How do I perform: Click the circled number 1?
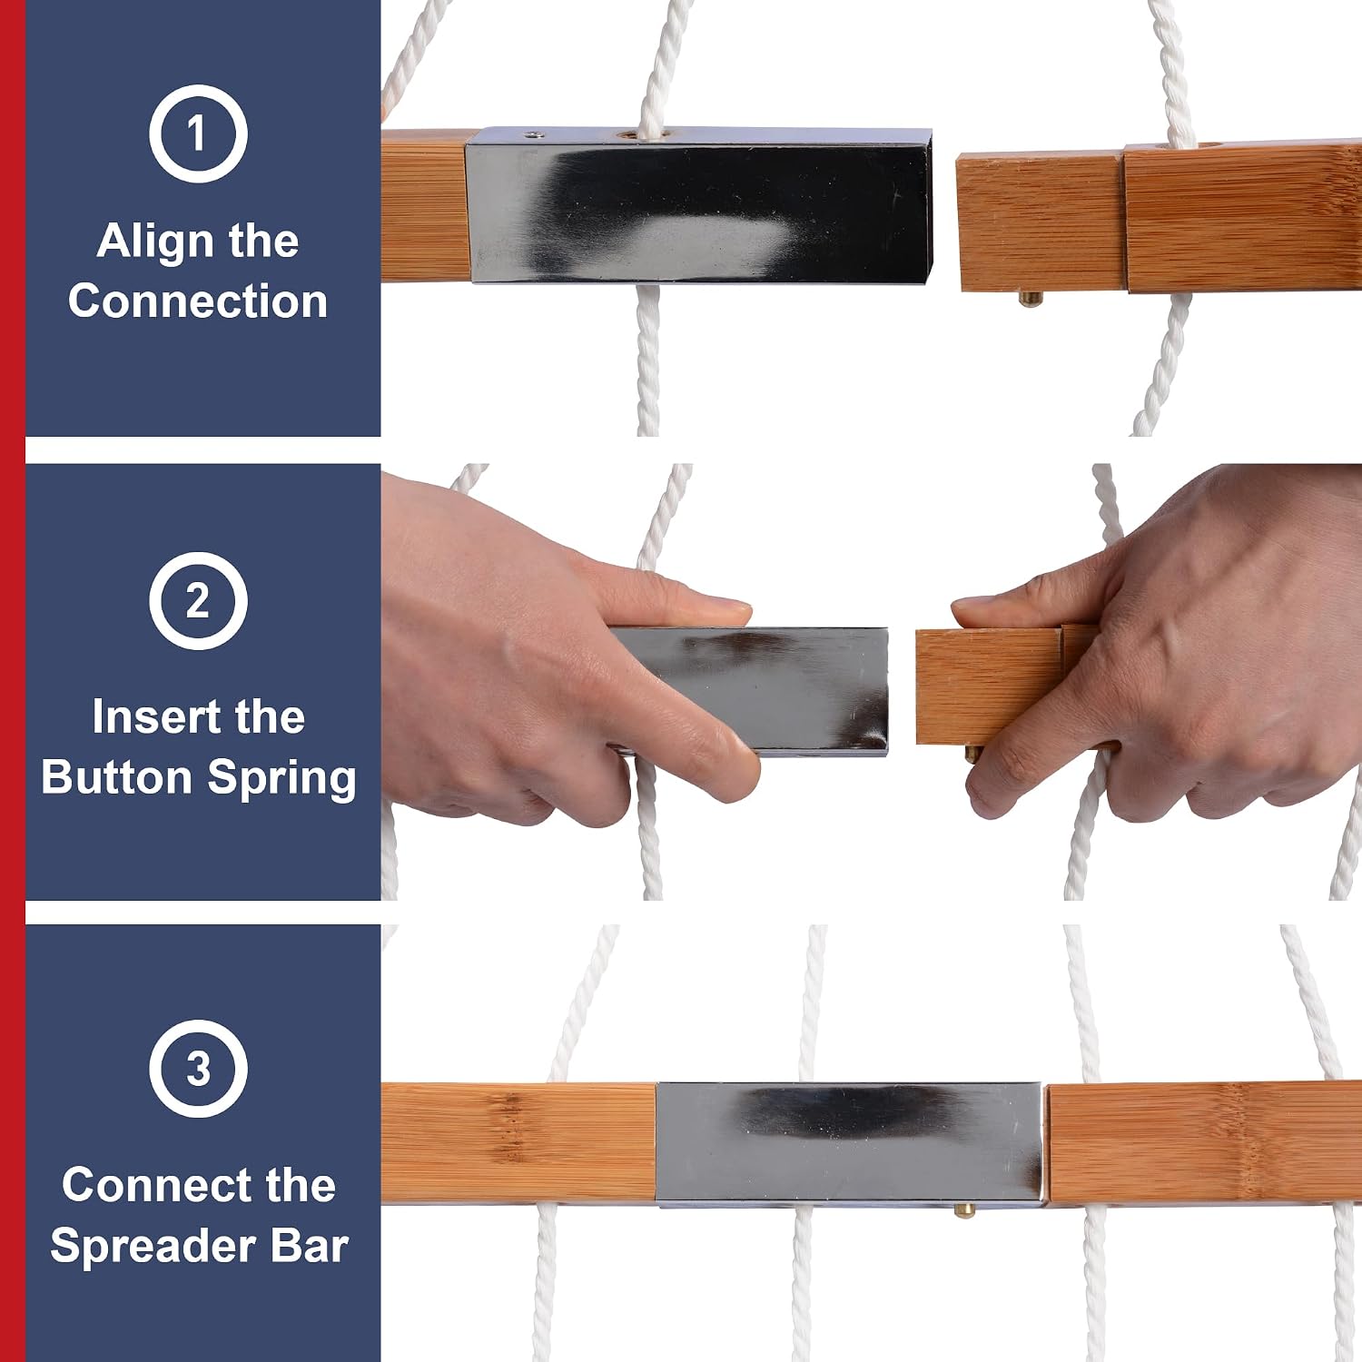pos(198,133)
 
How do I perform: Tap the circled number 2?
pos(198,600)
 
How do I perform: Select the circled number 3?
pos(198,1068)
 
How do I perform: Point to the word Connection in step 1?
pos(198,301)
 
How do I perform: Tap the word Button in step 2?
pos(117,777)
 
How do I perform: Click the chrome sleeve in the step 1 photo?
pos(698,206)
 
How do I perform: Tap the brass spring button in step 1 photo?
pos(1029,298)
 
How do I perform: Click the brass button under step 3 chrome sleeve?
pos(965,1209)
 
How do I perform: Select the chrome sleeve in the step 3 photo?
pos(850,1144)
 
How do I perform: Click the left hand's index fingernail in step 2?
pos(725,604)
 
